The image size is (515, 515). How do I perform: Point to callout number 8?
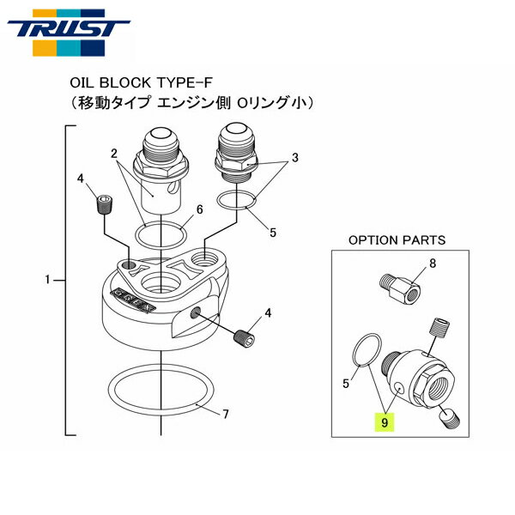[x=432, y=264]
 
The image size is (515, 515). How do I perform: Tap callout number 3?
[x=294, y=157]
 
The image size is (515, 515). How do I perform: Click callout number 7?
[x=225, y=415]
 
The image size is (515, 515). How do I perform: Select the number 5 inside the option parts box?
[x=345, y=385]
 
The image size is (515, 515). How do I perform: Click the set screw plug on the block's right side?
[x=245, y=337]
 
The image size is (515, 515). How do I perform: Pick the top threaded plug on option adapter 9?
[x=439, y=327]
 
